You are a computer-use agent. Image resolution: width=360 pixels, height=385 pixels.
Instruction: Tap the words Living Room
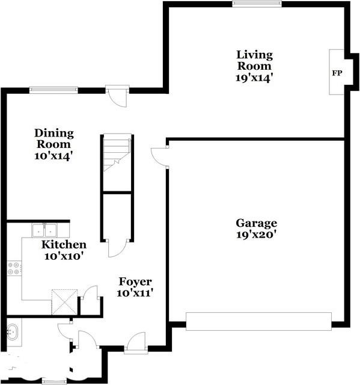pos(254,60)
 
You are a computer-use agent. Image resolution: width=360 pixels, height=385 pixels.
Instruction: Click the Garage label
pos(256,223)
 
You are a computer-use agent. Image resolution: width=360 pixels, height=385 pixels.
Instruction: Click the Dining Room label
pos(53,138)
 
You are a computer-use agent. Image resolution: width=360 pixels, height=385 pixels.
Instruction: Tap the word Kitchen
pos(63,245)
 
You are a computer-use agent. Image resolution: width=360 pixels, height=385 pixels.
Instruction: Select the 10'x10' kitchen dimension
pos(63,256)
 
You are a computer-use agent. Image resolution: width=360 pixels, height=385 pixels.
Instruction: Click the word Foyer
pos(135,282)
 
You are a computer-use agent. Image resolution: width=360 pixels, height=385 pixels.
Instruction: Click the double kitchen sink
pos(44,230)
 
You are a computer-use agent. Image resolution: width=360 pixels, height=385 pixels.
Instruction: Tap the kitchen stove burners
pos(13,268)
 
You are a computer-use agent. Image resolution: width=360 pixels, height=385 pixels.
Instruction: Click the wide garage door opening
pos(258,321)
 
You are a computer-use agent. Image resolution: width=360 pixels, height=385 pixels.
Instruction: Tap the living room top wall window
pos(257,4)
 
